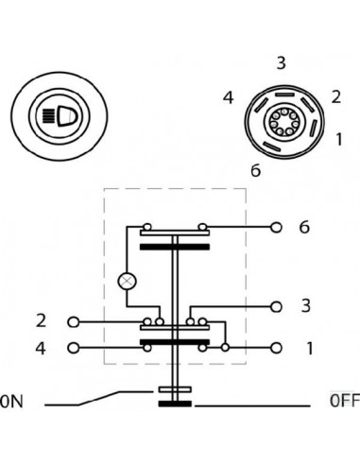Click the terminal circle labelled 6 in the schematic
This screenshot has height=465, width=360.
pyautogui.click(x=276, y=228)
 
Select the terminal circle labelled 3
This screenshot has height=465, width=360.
pyautogui.click(x=276, y=306)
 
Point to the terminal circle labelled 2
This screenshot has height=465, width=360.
pyautogui.click(x=73, y=321)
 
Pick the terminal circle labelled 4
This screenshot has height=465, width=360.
pyautogui.click(x=73, y=348)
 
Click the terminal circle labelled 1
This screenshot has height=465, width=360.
pyautogui.click(x=276, y=348)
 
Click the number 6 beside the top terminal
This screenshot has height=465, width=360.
pyautogui.click(x=303, y=228)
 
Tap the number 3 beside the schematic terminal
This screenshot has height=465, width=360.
pyautogui.click(x=304, y=306)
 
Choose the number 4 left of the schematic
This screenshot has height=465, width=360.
pyautogui.click(x=41, y=348)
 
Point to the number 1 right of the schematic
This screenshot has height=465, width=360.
pyautogui.click(x=309, y=348)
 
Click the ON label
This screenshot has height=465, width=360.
pyautogui.click(x=11, y=401)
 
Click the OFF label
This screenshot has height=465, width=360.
pyautogui.click(x=344, y=400)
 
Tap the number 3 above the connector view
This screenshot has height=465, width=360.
pyautogui.click(x=282, y=63)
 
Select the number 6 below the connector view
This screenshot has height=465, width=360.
pyautogui.click(x=255, y=170)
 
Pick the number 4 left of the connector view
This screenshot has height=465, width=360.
pyautogui.click(x=228, y=97)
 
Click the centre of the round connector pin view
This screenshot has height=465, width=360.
pyautogui.click(x=283, y=123)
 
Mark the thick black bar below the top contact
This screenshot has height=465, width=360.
pyautogui.click(x=177, y=247)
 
